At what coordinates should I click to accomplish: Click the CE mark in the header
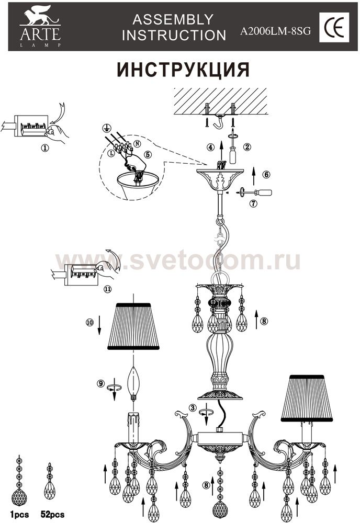tap(334, 27)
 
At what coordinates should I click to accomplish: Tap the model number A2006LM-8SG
tap(275, 31)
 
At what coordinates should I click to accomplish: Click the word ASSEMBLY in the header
tap(173, 20)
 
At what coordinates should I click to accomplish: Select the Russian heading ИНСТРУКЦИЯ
tap(183, 70)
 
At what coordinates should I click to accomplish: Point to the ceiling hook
tap(219, 121)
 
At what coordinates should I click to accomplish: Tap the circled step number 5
tap(148, 154)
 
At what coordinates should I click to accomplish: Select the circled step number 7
tap(254, 203)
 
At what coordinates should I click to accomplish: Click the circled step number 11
tap(107, 289)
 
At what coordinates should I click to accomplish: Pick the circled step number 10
tap(90, 323)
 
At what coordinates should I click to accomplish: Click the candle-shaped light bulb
tap(133, 383)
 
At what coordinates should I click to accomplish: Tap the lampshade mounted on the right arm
tap(307, 397)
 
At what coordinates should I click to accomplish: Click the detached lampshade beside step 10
tap(133, 326)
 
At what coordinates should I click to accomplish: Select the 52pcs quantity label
tap(52, 515)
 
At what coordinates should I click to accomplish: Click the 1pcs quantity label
tap(19, 515)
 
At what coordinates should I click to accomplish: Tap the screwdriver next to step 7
tap(254, 192)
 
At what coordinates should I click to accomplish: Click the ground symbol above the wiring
tap(106, 128)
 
